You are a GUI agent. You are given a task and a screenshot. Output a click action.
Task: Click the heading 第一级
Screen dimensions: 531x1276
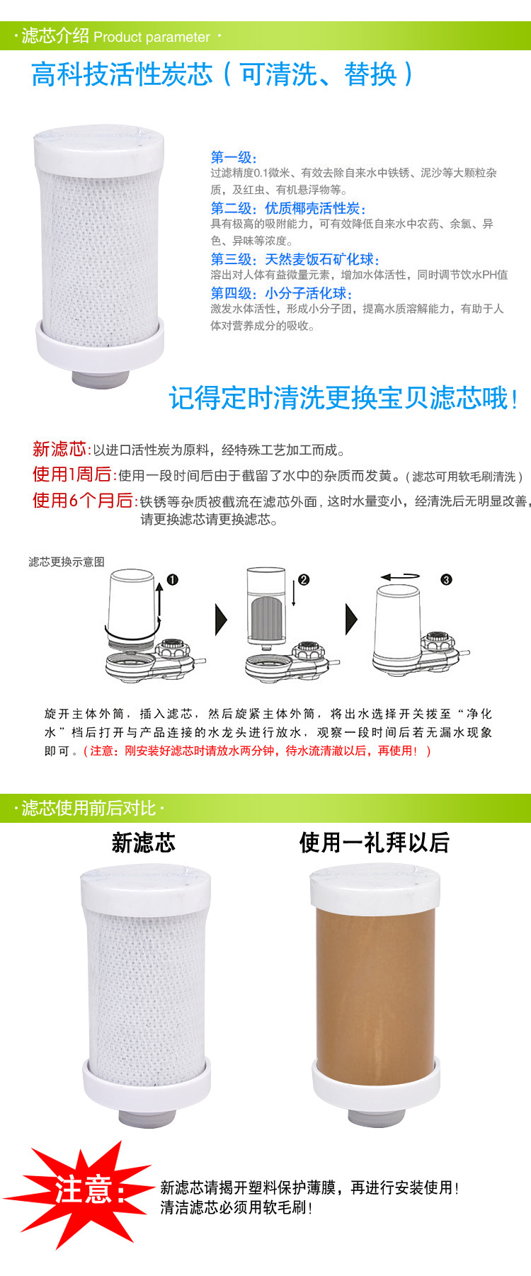point(234,157)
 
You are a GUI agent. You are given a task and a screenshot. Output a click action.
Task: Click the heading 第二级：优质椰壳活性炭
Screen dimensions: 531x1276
point(288,208)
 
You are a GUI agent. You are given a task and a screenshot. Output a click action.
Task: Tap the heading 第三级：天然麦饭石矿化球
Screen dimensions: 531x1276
point(295,259)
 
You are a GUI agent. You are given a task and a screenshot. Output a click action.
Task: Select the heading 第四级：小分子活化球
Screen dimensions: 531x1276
point(281,293)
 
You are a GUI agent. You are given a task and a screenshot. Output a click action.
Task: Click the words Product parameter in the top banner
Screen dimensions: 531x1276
point(152,38)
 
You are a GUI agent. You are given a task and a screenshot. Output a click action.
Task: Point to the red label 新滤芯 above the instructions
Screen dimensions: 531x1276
point(59,449)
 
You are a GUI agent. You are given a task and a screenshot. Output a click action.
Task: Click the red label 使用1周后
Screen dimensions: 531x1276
point(72,474)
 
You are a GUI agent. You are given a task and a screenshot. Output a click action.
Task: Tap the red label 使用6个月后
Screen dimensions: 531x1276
point(84,501)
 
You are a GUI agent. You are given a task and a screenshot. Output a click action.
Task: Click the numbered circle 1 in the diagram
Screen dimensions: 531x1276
point(172,580)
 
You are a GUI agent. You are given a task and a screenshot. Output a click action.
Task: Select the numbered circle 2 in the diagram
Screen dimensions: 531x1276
point(304,580)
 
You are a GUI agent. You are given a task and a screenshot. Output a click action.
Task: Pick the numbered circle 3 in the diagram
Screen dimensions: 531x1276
point(446,580)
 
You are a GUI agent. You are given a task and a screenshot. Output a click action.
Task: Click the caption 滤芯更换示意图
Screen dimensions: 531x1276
point(67,562)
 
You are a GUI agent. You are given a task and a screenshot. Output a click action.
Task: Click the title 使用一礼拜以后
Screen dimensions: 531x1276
point(375,843)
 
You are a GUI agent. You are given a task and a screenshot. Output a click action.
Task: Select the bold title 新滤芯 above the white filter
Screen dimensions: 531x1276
point(144,843)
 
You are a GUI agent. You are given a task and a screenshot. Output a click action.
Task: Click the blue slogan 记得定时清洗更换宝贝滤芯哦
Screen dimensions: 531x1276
point(343,398)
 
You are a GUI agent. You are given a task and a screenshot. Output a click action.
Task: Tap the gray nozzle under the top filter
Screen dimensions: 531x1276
point(100,379)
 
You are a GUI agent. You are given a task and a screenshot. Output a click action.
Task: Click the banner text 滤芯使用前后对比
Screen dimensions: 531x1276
point(88,808)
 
